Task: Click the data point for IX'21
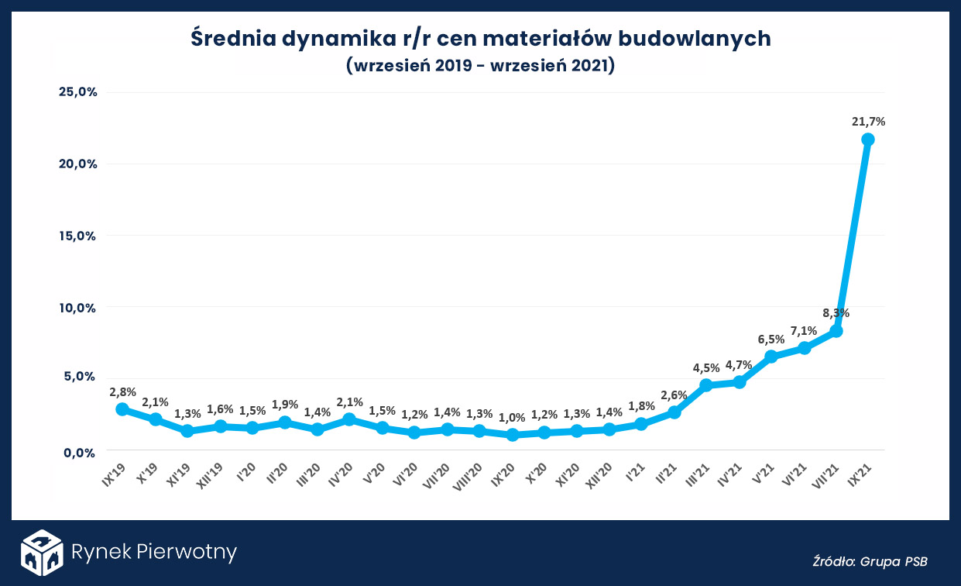868,140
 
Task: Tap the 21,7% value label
868,121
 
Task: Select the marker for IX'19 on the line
122,409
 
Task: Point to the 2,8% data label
122,391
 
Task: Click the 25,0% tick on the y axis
77,91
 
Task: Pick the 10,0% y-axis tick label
77,308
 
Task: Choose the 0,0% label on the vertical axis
80,452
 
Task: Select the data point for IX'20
512,435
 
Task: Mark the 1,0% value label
512,417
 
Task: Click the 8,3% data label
836,313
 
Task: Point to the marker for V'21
771,357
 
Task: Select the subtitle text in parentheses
480,66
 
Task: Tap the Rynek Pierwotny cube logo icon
41,553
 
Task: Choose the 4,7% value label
739,364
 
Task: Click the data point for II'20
285,422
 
